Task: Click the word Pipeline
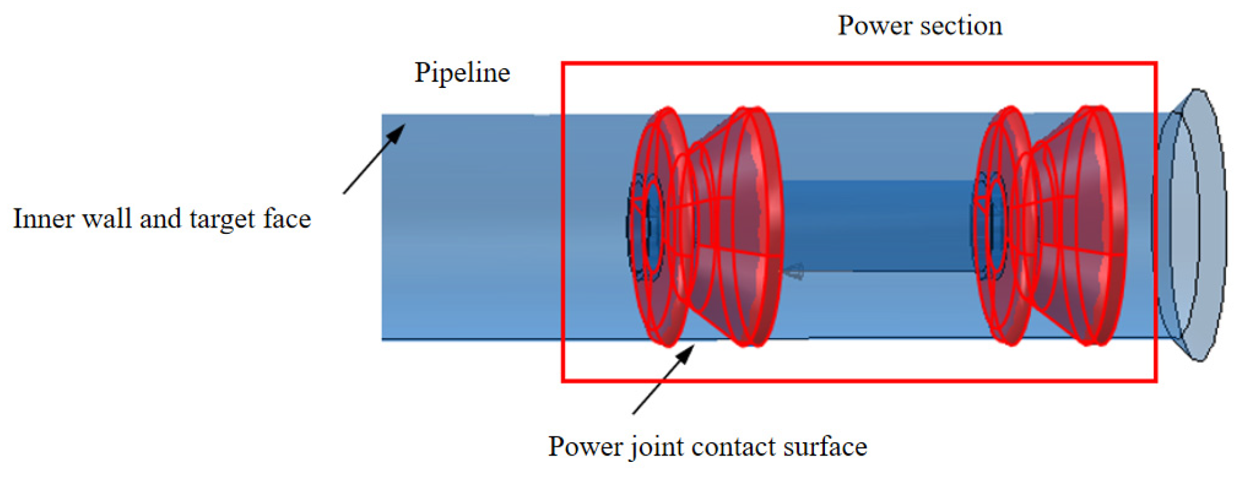(462, 74)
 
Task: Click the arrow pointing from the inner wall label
(374, 159)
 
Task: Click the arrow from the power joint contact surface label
(663, 379)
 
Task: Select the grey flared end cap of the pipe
(1198, 226)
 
